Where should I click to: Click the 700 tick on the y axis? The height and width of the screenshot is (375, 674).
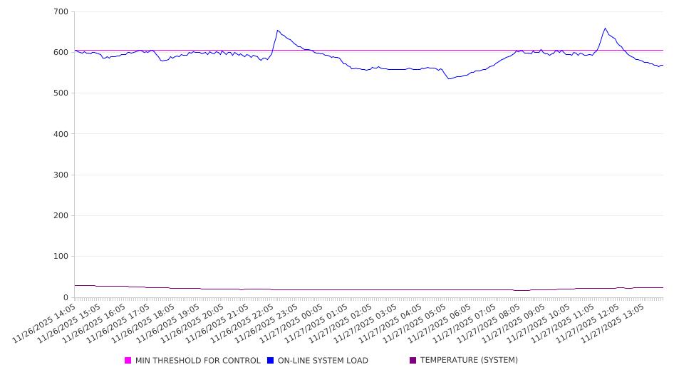pos(61,12)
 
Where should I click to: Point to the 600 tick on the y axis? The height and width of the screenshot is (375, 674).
pos(61,53)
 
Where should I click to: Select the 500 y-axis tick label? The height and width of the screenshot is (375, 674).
pos(61,93)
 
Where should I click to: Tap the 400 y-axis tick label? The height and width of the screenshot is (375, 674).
pos(61,134)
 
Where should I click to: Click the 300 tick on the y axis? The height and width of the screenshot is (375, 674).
pos(61,175)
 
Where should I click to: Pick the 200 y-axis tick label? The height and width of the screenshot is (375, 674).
pos(61,216)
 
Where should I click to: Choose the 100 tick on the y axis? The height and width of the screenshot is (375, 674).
pos(61,257)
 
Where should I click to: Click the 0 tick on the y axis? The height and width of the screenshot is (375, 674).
pos(65,297)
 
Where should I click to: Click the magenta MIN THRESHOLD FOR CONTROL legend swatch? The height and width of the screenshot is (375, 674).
pos(128,361)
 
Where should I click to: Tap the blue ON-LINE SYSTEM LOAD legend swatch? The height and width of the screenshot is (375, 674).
pos(271,361)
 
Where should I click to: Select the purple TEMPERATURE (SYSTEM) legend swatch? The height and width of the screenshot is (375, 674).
pos(413,361)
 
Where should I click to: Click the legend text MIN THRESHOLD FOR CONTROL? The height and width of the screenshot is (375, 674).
pos(198,361)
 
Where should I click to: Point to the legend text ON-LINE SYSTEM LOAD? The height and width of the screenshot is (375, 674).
pos(323,361)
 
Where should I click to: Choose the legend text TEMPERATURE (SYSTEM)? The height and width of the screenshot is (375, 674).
pos(469,361)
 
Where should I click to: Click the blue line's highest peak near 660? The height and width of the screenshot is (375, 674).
pos(605,29)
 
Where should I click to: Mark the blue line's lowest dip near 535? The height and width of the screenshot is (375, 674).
pos(449,78)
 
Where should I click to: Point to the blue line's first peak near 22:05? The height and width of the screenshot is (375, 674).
pos(277,31)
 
